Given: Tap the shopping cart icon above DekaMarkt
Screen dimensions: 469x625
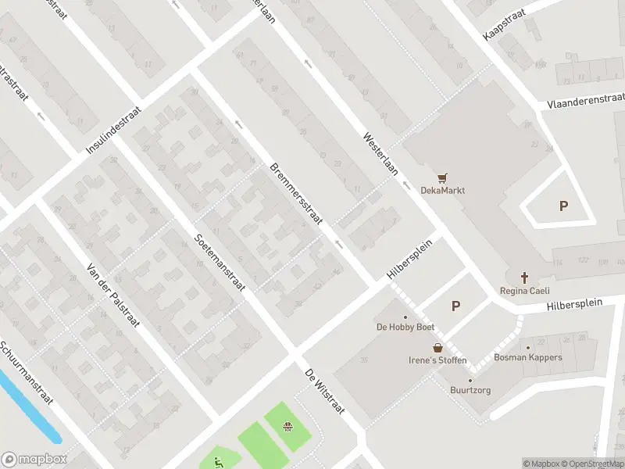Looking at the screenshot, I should tap(444, 177).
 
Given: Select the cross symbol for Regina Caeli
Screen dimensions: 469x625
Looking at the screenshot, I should tap(524, 277).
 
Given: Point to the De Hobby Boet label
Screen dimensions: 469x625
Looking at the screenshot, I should tap(405, 328).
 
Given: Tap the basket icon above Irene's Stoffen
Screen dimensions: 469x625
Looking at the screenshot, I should tap(437, 348).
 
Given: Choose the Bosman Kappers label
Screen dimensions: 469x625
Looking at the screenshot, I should tap(527, 357).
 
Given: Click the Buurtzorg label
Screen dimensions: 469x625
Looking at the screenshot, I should tap(470, 390).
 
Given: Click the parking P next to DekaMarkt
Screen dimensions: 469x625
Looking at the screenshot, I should tap(563, 206).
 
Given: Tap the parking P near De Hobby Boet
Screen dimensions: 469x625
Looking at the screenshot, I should tap(455, 306).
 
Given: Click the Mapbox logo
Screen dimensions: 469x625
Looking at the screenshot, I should tap(34, 460).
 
